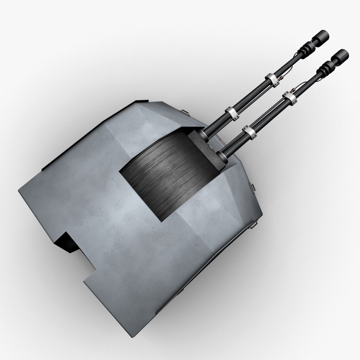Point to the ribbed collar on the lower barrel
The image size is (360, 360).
[325, 71]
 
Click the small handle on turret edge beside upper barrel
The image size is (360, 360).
[184, 111]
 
